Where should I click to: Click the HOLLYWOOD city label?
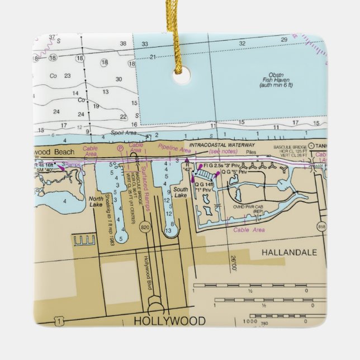tap(169, 321)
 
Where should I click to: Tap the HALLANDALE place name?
tap(285, 253)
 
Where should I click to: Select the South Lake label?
tap(181, 192)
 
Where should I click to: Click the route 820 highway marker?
tap(145, 228)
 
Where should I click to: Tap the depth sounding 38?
tap(122, 43)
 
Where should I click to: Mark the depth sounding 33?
tap(145, 44)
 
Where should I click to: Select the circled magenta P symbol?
tap(119, 149)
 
